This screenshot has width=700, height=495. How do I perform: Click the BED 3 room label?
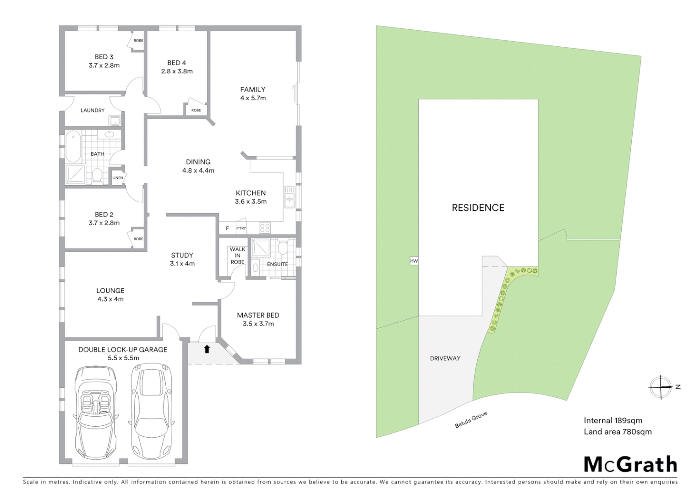[x=104, y=57]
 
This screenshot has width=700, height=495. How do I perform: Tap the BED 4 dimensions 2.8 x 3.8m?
[x=177, y=71]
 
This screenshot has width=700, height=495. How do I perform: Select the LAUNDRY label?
[x=93, y=110]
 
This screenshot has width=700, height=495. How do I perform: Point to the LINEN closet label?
[x=118, y=178]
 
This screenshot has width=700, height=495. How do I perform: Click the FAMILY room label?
[x=252, y=89]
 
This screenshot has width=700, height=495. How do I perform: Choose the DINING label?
[x=198, y=162]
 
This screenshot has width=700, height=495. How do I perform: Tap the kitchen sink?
[x=289, y=197]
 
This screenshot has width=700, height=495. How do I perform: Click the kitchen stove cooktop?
[x=265, y=228]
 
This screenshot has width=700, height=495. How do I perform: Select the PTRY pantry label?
[x=241, y=228]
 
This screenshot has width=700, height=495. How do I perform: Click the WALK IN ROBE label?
[x=237, y=256]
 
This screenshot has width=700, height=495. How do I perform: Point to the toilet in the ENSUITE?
[x=283, y=247]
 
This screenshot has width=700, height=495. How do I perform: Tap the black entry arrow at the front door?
[x=207, y=349]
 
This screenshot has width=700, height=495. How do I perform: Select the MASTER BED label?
[x=258, y=315]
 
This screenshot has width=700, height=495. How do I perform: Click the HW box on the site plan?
[x=414, y=261]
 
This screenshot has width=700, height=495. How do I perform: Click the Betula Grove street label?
[x=471, y=420]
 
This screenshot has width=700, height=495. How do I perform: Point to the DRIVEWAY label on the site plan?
[x=445, y=358]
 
